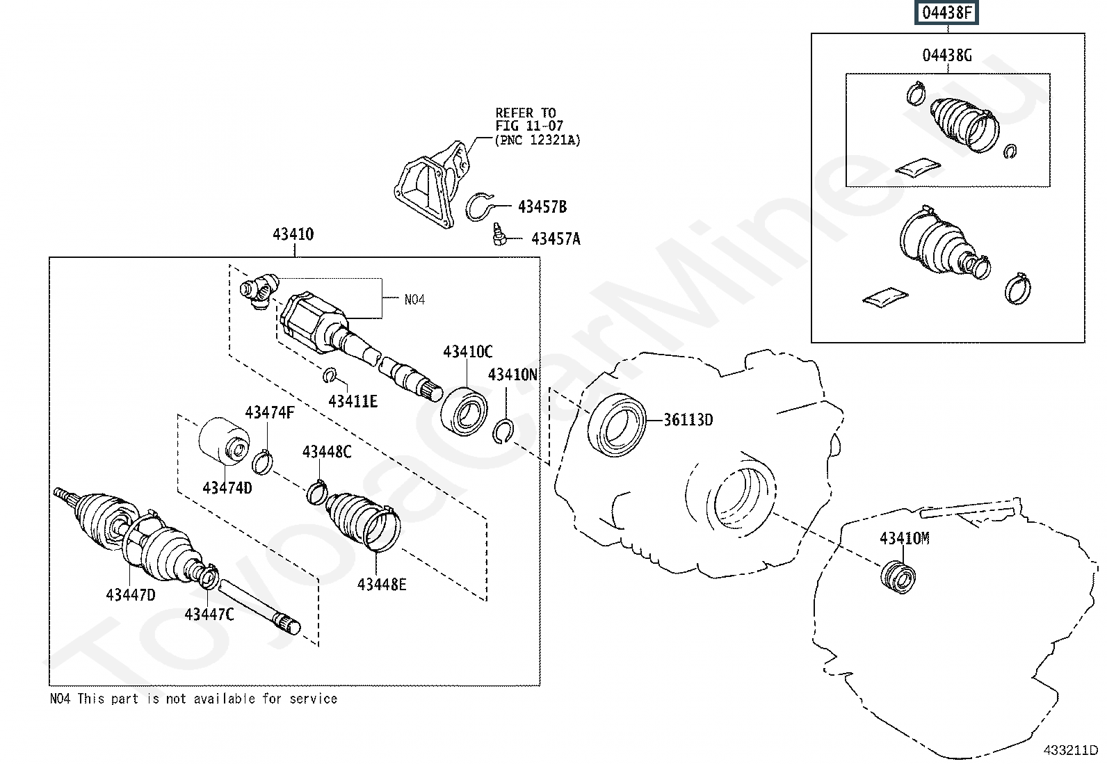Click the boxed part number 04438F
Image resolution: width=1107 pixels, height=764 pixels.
click(x=947, y=13)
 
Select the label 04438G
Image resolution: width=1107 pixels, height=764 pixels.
click(x=947, y=56)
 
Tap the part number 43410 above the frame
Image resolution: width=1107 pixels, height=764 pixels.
click(x=293, y=234)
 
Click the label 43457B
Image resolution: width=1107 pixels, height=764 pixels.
click(x=542, y=206)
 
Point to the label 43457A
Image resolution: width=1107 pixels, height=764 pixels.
click(x=556, y=239)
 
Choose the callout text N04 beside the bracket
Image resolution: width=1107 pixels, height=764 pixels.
click(x=414, y=300)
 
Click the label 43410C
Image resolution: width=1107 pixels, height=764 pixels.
click(x=467, y=352)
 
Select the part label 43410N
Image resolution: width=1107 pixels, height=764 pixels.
click(x=512, y=375)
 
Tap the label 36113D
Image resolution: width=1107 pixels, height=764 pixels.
click(x=688, y=420)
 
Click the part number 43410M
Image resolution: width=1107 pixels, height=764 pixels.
click(x=905, y=538)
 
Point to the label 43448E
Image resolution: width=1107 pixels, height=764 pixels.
click(x=382, y=585)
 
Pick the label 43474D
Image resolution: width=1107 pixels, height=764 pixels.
click(x=227, y=488)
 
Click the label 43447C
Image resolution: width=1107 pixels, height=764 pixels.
click(x=209, y=615)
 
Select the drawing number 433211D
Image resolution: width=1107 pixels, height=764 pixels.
click(x=1070, y=750)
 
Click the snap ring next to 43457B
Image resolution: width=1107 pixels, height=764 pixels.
click(x=479, y=206)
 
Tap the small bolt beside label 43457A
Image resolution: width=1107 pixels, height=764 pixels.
click(x=500, y=234)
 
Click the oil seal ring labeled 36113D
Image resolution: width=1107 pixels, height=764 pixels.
click(x=617, y=425)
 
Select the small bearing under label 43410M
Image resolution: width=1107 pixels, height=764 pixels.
click(x=898, y=577)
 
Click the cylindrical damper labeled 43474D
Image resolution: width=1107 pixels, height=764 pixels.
click(x=224, y=441)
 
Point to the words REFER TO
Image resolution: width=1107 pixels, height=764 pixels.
click(x=525, y=113)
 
